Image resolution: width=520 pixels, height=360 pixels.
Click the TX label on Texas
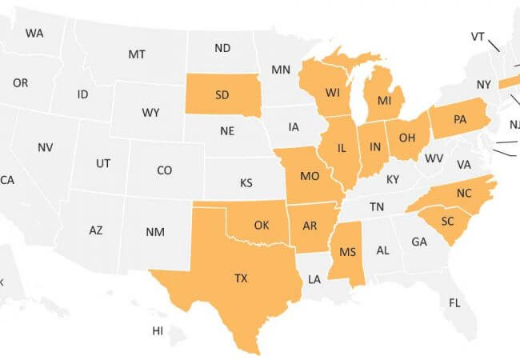241,278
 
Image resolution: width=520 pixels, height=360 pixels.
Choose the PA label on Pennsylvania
459,120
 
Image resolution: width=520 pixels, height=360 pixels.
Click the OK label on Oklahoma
262,225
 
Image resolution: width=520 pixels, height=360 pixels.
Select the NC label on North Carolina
465,193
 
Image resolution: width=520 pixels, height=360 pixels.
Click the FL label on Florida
454,303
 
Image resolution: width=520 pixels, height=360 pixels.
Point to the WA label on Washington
34,33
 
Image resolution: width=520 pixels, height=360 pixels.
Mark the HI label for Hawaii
158,330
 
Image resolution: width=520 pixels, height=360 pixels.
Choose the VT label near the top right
478,37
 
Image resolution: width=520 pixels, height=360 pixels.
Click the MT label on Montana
137,54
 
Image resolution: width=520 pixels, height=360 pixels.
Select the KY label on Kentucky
392,179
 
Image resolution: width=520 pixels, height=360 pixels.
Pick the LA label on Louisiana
314,279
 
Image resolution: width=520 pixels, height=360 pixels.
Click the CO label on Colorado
164,170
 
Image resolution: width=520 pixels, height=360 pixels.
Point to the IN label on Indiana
373,147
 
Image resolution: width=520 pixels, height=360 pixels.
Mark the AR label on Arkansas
310,225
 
